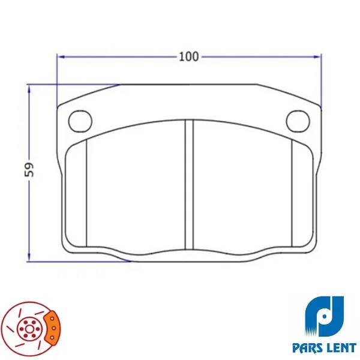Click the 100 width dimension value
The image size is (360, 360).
pyautogui.click(x=189, y=57)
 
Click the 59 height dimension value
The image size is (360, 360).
pyautogui.click(x=29, y=170)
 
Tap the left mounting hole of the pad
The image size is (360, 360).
pyautogui.click(x=80, y=121)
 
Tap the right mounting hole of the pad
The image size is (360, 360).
pyautogui.click(x=298, y=121)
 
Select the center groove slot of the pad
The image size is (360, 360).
pyautogui.click(x=189, y=184)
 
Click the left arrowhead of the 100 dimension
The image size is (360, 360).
pyautogui.click(x=61, y=57)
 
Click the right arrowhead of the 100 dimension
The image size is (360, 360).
pyautogui.click(x=317, y=57)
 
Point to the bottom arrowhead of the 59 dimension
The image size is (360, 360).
pyautogui.click(x=29, y=257)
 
